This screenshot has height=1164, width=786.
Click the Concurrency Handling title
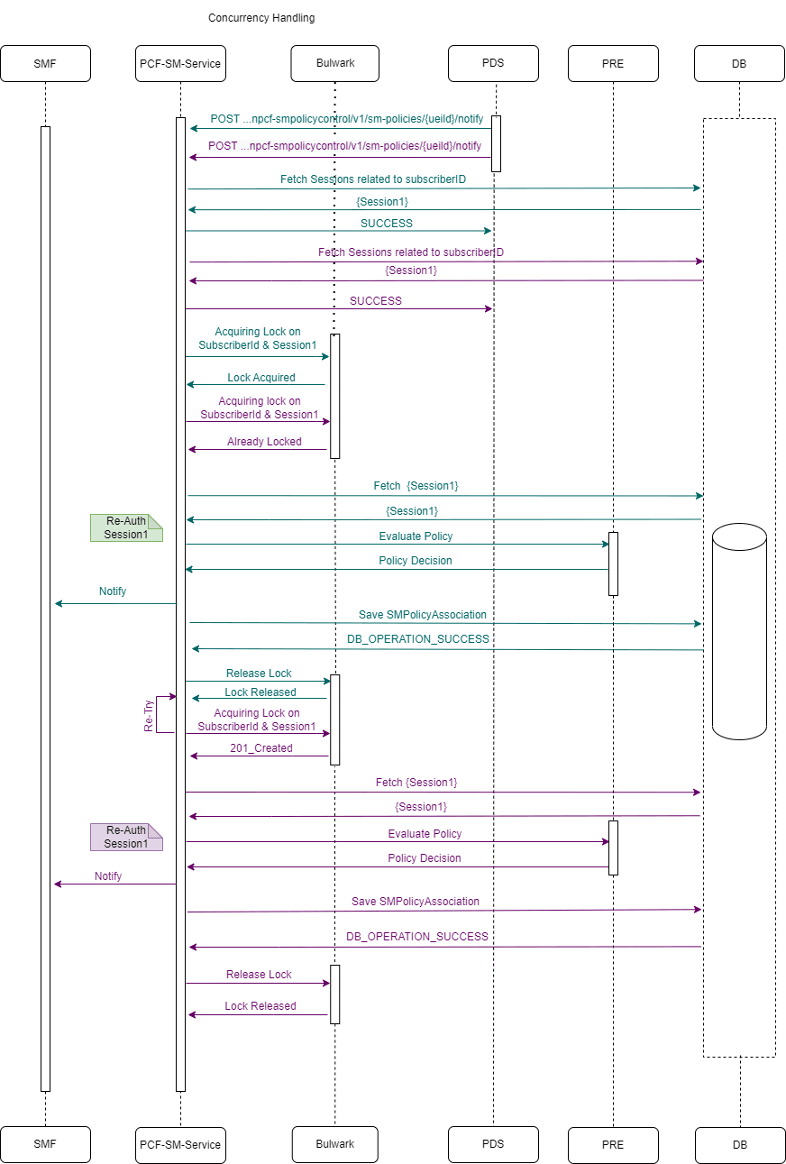coord(261,18)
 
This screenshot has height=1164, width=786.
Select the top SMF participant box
coord(45,64)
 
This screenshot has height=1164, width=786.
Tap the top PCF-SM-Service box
coord(179,64)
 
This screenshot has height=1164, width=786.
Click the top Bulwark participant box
coord(335,64)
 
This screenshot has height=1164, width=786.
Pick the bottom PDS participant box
coord(493,1144)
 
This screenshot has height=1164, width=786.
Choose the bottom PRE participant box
coord(613,1145)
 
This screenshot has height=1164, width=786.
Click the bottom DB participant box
coord(739,1145)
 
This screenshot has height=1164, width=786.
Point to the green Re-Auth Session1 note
coord(126,527)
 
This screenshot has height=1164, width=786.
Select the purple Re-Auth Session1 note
coord(126,837)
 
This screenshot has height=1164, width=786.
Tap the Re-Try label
coord(150,715)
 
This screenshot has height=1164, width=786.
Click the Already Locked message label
coord(264,442)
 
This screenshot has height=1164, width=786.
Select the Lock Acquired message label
coord(260,378)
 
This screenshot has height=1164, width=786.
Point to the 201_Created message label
coord(261,748)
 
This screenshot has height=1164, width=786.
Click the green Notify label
coord(113,591)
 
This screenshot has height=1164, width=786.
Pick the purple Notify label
coord(108,876)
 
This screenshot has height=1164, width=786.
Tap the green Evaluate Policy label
coord(416,536)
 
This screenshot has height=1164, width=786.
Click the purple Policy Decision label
coord(424,858)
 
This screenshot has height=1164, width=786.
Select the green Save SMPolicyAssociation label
coord(423,615)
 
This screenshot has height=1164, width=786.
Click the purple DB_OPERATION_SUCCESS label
coord(417,937)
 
